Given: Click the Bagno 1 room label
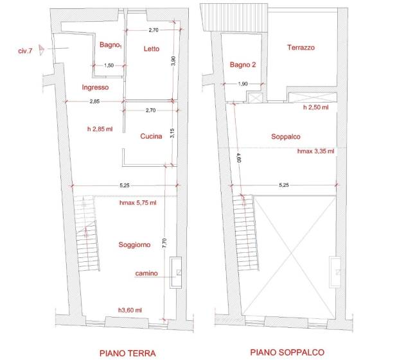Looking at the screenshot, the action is tap(110, 45).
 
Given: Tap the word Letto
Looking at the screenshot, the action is tap(152, 49).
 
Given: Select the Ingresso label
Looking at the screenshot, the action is tap(95, 87).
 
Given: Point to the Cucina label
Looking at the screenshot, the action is tap(151, 136).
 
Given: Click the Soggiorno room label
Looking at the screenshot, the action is tap(134, 244).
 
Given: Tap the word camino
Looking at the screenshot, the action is tap(146, 273).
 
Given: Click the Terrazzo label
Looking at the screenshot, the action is tap(301, 47).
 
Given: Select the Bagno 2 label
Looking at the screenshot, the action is tap(243, 65).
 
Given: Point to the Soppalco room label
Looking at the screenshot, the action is tap(286, 137).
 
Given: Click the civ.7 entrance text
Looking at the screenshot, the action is tap(25, 51).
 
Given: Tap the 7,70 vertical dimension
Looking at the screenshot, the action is tap(164, 243).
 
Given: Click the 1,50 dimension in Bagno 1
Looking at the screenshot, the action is tap(109, 65).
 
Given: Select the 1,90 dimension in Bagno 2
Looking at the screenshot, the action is tap(243, 83).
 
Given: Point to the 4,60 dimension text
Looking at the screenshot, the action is tap(238, 158).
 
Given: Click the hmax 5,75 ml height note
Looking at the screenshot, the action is tap(137, 203).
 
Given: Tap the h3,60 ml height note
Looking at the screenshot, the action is tap(130, 310).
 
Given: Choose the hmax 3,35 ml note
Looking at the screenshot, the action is tap(315, 151).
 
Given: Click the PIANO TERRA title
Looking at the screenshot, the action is tap(128, 353).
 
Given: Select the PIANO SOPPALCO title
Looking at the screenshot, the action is tap(287, 352).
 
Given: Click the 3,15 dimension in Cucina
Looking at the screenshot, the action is tap(172, 133).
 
